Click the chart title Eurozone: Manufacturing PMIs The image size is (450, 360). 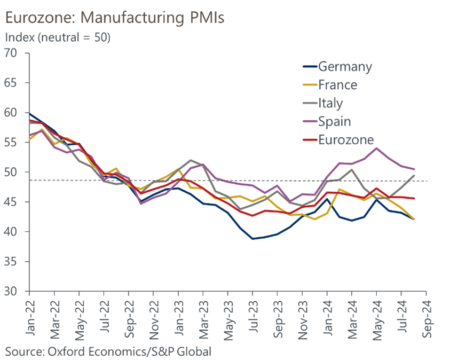114,18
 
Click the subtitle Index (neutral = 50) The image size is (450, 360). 57,38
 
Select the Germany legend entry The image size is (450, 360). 344,67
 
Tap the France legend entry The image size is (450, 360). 337,84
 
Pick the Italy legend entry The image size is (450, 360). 330,103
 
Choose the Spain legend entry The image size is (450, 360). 334,121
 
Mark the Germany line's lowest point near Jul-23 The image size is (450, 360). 252,239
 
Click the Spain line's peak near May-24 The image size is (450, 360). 376,148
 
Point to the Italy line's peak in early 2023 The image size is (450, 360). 190,160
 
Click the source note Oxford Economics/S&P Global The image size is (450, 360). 108,351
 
